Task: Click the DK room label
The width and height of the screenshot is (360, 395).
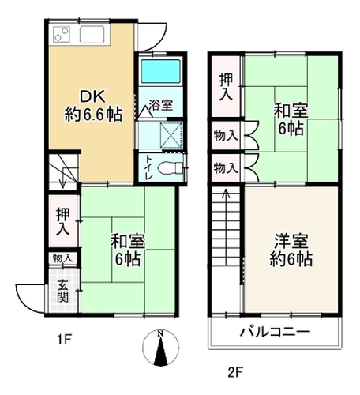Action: [93, 105]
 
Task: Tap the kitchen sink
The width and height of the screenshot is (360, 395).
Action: [92, 35]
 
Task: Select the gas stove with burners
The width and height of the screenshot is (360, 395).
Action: [62, 35]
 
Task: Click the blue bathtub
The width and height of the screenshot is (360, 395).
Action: [160, 71]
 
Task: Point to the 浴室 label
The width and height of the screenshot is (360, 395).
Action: [160, 105]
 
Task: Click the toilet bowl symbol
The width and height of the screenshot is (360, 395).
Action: [171, 167]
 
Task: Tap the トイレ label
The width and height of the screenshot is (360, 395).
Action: [148, 167]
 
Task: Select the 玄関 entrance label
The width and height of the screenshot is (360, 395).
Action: [63, 292]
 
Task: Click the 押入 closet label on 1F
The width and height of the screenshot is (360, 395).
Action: [63, 222]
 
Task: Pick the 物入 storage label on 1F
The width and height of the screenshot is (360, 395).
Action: [62, 258]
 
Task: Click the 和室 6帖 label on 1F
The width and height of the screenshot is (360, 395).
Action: [128, 250]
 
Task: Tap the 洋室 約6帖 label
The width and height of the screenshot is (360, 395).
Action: [291, 250]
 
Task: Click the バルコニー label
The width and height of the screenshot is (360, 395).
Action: [275, 332]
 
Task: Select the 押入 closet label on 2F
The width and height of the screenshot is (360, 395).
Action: [226, 86]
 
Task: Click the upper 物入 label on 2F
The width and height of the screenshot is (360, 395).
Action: [226, 136]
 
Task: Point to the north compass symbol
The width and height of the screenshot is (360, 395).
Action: [161, 347]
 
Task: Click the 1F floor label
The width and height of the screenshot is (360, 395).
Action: [65, 340]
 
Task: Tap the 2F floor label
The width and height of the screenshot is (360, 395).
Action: [235, 373]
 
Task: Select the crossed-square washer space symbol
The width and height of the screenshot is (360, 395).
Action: [171, 135]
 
